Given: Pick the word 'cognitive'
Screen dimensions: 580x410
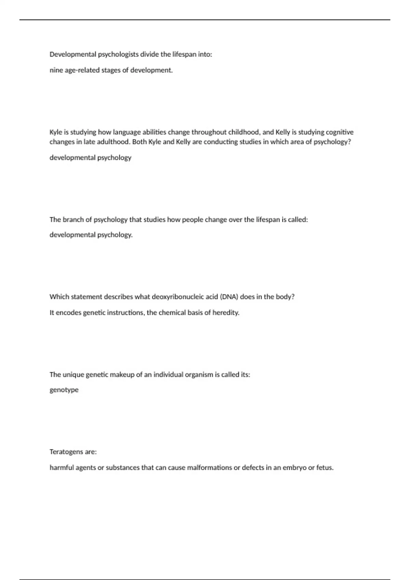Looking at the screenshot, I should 340,132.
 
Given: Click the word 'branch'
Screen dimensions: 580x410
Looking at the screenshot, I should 73,220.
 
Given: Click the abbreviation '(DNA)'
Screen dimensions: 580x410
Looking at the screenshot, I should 229,297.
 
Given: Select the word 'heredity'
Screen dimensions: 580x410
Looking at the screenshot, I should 226,313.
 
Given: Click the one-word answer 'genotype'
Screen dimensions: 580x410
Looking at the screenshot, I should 64,390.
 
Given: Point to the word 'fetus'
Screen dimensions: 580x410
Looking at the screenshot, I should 325,468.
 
